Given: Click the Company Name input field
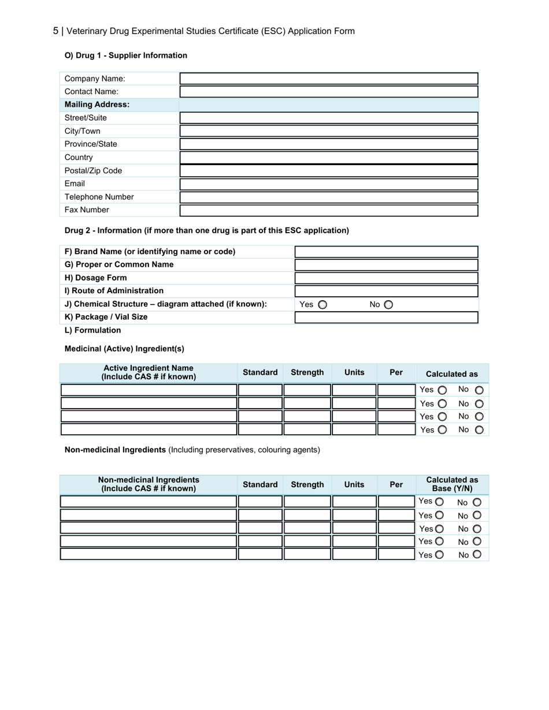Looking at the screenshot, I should [x=329, y=79].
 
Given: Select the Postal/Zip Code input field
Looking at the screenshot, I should [x=329, y=171].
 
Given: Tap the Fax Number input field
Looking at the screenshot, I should [x=329, y=210].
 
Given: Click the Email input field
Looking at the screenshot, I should [x=329, y=184].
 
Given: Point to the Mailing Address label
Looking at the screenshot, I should [x=97, y=104].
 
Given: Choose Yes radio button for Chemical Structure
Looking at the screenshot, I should [x=322, y=305].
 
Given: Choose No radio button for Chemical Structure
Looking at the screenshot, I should [x=388, y=305].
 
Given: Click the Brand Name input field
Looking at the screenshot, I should [x=386, y=252].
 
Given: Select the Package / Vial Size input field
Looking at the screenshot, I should [x=386, y=317].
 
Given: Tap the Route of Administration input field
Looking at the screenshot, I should [x=386, y=291].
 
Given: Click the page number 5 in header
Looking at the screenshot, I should [x=55, y=31].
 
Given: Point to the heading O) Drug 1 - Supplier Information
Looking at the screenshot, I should [x=126, y=55].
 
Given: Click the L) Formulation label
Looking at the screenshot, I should [x=92, y=330].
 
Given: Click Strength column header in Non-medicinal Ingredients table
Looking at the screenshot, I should [x=307, y=485].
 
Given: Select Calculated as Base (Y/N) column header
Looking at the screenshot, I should [x=452, y=484].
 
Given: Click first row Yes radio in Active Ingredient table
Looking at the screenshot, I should [x=442, y=390].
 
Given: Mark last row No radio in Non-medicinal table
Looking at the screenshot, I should [x=477, y=555].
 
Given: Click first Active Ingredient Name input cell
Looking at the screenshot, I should [x=149, y=390].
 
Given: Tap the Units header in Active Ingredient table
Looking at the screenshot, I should [x=354, y=373].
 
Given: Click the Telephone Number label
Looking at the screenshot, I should [x=99, y=197].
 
